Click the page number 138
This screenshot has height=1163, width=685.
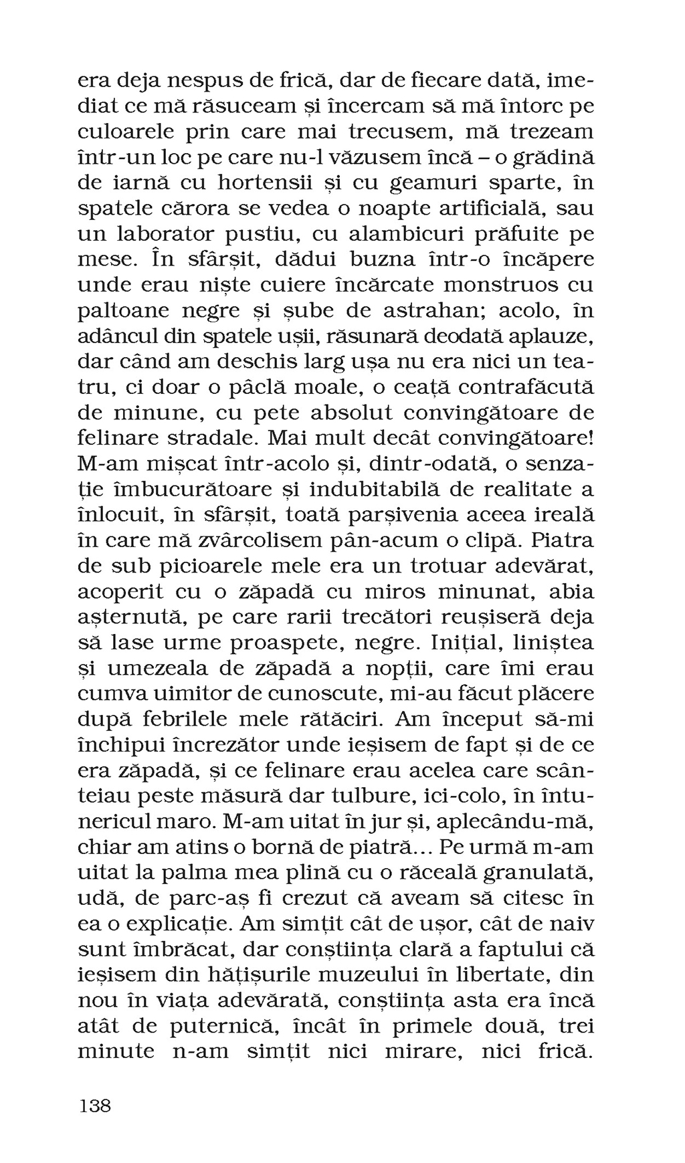[x=95, y=1105]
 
